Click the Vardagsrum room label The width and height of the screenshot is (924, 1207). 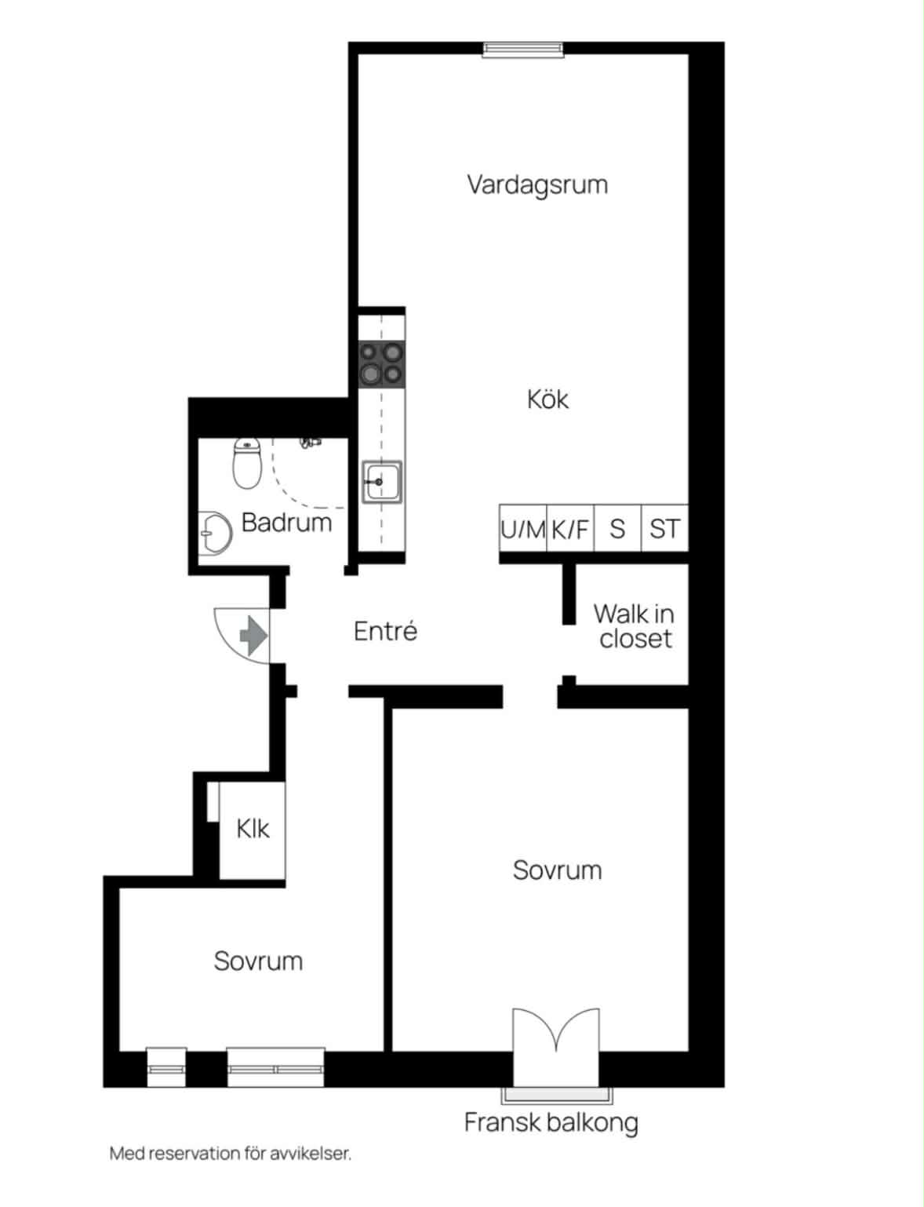click(537, 185)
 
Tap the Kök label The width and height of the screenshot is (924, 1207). click(547, 399)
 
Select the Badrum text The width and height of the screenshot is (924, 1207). click(287, 523)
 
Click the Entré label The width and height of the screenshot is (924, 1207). click(386, 631)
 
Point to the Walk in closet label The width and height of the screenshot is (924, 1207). click(635, 626)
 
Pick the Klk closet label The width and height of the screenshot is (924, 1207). click(253, 829)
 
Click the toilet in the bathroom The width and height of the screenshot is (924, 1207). click(247, 463)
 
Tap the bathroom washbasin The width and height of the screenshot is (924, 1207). click(215, 533)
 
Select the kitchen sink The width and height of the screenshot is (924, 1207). click(382, 482)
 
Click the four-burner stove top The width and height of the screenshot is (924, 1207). click(381, 364)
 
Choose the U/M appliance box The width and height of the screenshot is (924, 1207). click(522, 527)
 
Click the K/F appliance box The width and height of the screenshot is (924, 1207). click(570, 527)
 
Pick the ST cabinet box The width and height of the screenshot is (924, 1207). click(665, 527)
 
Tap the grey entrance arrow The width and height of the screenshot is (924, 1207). click(253, 636)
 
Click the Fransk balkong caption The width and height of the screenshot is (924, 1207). click(551, 1122)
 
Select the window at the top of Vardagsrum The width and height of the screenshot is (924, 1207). click(522, 50)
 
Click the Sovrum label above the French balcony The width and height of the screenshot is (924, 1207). click(557, 870)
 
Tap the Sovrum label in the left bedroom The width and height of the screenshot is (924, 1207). click(258, 961)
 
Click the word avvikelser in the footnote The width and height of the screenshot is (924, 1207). click(311, 1154)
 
